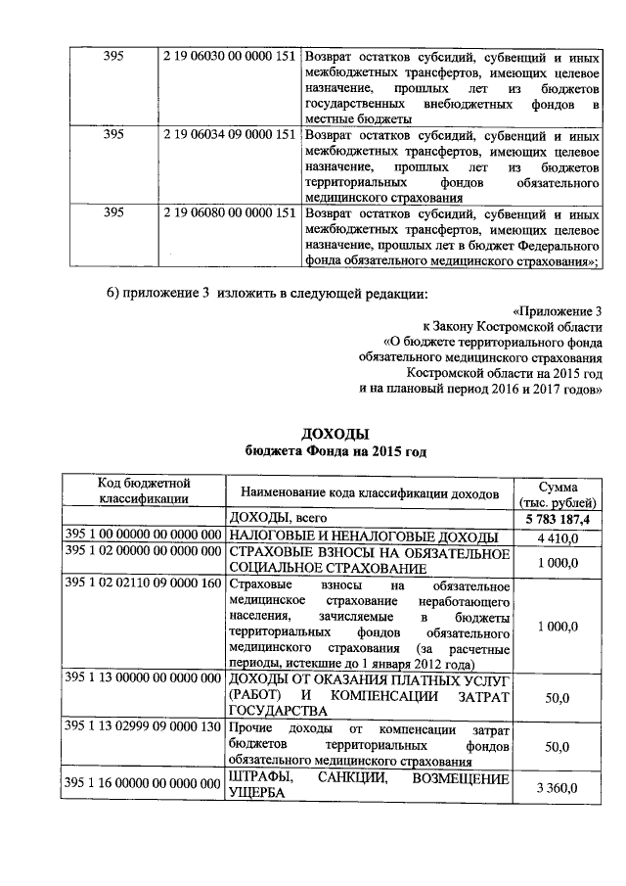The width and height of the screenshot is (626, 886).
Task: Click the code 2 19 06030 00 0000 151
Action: pos(228,56)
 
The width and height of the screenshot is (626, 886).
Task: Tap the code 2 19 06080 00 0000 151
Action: pos(228,212)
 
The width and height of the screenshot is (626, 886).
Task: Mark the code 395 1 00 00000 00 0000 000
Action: pos(143,536)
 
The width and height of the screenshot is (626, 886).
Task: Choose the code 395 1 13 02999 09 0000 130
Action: pos(143,728)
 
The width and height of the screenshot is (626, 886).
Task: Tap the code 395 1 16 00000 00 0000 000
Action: pos(143,783)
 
